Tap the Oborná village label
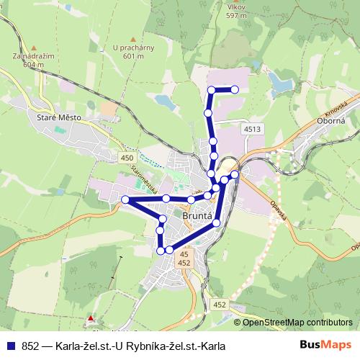333,122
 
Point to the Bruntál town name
197,215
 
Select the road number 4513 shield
252,129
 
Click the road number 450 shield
128,158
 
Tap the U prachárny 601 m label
134,53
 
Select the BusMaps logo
325,346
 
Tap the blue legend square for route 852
10,346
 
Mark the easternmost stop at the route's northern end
235,90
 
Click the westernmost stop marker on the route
125,199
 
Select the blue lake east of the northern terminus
280,81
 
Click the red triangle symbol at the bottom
91,318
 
